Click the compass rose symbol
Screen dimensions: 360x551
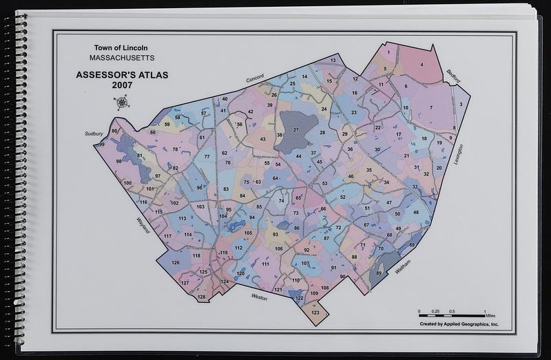tap(123, 103)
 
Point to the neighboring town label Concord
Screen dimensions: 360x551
tap(256, 81)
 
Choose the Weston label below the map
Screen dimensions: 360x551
tap(259, 297)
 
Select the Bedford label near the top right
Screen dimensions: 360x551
tap(453, 76)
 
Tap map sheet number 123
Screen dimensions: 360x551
tap(315, 313)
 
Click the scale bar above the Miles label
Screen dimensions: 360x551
tap(452, 314)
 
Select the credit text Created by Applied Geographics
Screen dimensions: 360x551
tap(458, 324)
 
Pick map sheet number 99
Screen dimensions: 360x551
tap(102, 145)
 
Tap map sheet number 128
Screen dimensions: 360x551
tap(201, 297)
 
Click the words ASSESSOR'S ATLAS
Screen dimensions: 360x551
tap(121, 74)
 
